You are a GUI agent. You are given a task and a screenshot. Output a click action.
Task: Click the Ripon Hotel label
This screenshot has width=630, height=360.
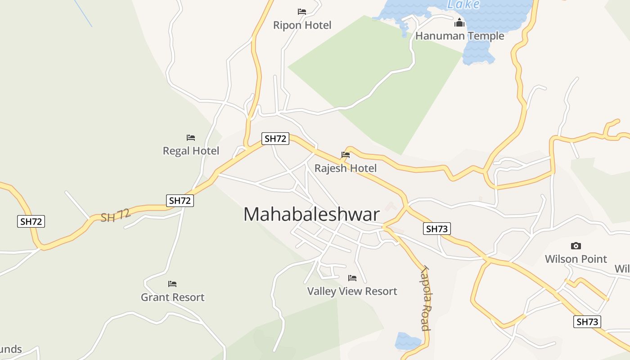[302, 25]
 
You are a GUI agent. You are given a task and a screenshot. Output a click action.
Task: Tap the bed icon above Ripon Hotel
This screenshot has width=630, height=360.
[302, 11]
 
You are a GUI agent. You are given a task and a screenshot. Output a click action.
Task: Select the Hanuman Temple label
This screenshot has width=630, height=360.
[459, 36]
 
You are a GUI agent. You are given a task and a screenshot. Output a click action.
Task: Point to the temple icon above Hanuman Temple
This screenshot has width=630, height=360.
[459, 22]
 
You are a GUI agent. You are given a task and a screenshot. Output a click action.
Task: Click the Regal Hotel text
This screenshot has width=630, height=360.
[191, 151]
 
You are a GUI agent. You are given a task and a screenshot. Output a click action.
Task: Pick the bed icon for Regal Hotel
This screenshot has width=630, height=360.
[191, 137]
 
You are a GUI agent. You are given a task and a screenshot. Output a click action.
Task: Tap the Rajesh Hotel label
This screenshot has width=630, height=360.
[345, 168]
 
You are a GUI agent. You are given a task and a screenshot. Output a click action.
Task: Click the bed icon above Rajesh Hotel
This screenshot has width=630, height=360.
[346, 155]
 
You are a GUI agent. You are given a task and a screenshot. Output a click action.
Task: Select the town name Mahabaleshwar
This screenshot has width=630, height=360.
[311, 215]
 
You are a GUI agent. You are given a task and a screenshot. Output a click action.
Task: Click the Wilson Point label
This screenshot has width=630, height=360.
[576, 259]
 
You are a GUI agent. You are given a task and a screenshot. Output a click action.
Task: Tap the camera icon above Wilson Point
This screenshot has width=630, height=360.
[576, 246]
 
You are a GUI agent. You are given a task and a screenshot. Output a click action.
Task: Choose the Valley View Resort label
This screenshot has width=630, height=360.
[352, 292]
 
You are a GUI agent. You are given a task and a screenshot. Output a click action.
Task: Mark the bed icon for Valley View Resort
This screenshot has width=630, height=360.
[352, 278]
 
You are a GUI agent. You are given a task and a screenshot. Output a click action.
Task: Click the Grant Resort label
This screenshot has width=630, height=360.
[172, 297]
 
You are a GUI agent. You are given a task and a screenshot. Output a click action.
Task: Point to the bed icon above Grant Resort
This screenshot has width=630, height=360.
[172, 284]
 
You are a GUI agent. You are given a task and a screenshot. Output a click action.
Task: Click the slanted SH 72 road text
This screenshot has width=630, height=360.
[116, 215]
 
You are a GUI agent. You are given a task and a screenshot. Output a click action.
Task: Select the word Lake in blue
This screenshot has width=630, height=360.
[463, 4]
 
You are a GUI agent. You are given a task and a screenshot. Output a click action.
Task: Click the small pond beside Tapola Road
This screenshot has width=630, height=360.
[406, 341]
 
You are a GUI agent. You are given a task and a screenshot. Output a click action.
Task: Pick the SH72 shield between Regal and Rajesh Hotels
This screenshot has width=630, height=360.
[275, 139]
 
